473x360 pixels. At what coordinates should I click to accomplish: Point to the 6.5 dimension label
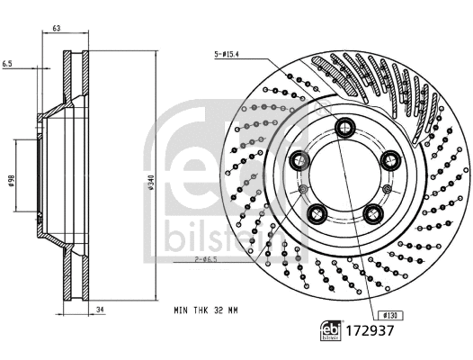7,65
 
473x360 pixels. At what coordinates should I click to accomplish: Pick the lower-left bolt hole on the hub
316,213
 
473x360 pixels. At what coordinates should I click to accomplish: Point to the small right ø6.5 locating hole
386,189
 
